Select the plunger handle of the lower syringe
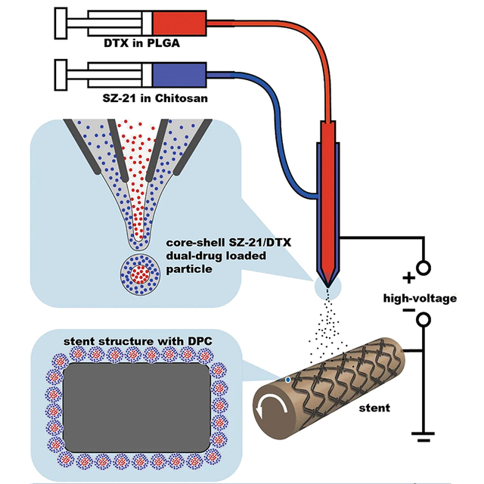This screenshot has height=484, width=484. [x=60, y=74]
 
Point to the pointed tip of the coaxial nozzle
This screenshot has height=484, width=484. [x=326, y=284]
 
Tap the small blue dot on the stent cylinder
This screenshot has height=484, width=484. [x=288, y=379]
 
